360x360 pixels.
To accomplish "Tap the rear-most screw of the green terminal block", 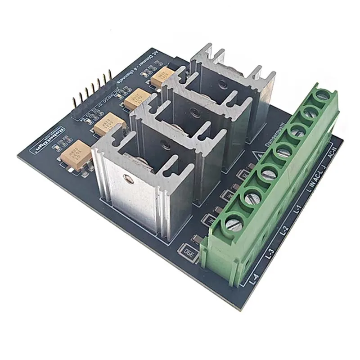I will (322, 95).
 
